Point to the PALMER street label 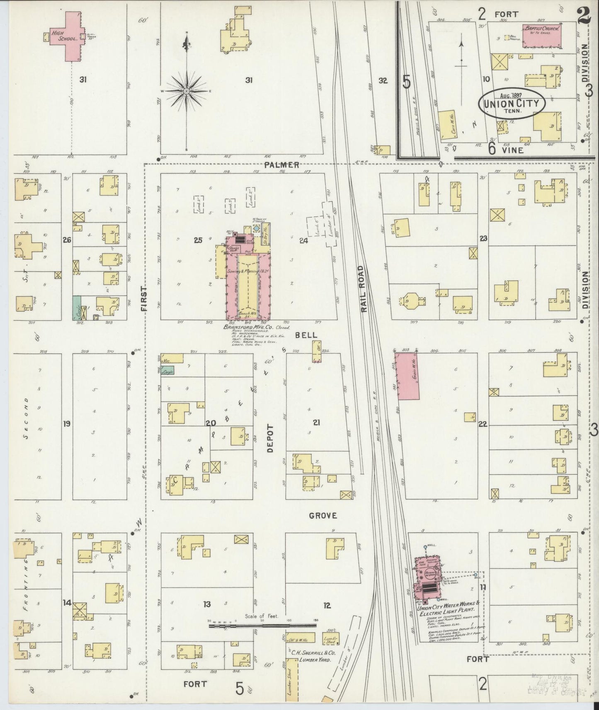tap(282, 165)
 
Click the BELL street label tap(306, 335)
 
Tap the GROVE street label tap(323, 516)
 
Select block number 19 tap(66, 423)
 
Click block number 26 tap(67, 239)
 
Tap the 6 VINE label tap(506, 150)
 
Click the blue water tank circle tap(256, 228)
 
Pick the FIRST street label tap(144, 298)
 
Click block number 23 tap(483, 238)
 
